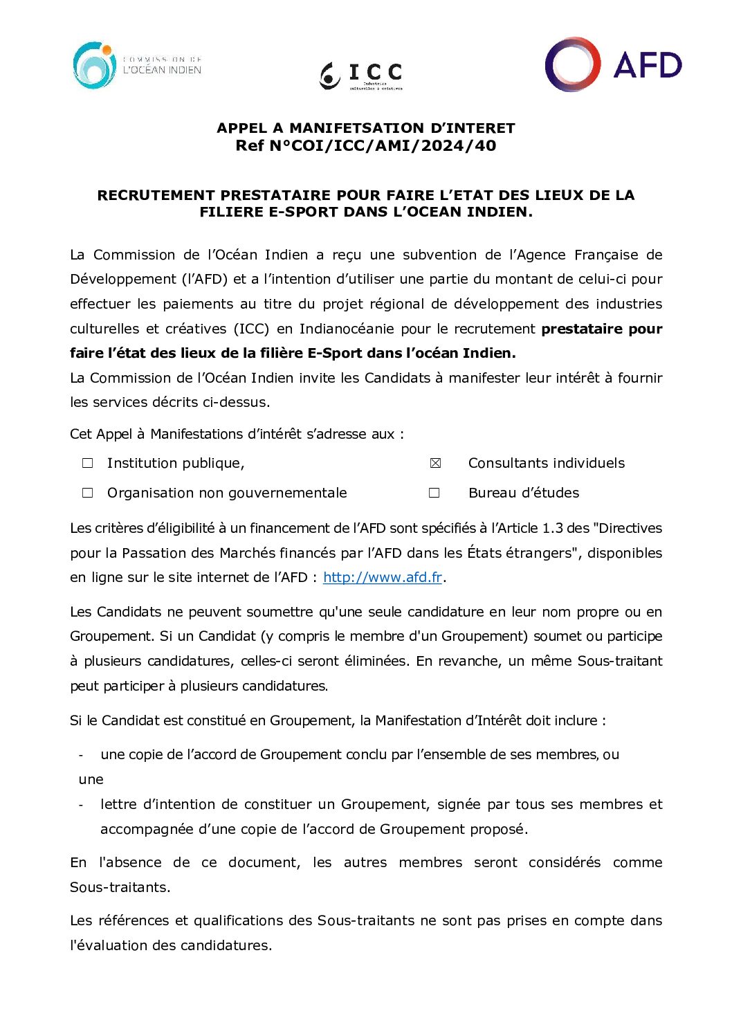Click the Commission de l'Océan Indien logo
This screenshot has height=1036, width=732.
pos(136,66)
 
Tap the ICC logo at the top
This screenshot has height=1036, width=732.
pos(360,75)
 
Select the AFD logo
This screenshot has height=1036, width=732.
pos(613,64)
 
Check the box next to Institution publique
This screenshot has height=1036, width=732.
pos(88,463)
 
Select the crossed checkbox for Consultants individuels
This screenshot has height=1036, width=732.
pos(435,463)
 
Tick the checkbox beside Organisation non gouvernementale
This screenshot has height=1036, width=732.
pos(88,493)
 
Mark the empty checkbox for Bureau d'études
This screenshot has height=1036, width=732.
pos(434,493)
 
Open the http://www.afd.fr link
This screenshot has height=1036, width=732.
pos(382,577)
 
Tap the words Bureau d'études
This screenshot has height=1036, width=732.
pos(524,493)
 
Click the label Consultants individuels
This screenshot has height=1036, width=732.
pos(546,463)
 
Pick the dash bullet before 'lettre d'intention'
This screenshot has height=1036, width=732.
pos(81,804)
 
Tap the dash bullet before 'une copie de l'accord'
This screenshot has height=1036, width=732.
pos(81,755)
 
